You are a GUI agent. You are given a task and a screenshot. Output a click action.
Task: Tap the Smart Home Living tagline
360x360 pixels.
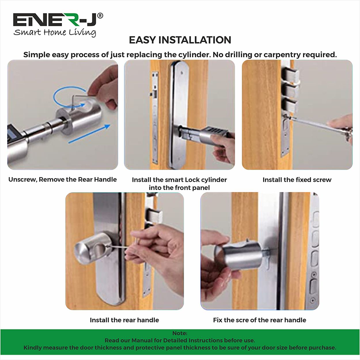pyautogui.click(x=55, y=32)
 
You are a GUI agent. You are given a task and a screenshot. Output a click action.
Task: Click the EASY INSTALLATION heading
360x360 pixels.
pyautogui.click(x=180, y=40)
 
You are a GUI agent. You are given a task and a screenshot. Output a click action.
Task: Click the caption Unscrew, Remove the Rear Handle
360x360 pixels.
pyautogui.click(x=62, y=179)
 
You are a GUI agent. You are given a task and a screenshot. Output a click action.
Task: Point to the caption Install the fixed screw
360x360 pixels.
pyautogui.click(x=297, y=180)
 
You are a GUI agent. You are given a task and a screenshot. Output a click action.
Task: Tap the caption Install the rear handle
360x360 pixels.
pyautogui.click(x=124, y=320)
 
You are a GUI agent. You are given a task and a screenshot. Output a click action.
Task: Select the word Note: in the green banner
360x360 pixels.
pyautogui.click(x=180, y=333)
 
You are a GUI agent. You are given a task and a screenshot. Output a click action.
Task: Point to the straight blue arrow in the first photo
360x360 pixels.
pyautogui.click(x=89, y=134)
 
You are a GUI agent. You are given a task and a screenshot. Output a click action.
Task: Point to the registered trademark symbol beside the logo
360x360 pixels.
pyautogui.click(x=100, y=16)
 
